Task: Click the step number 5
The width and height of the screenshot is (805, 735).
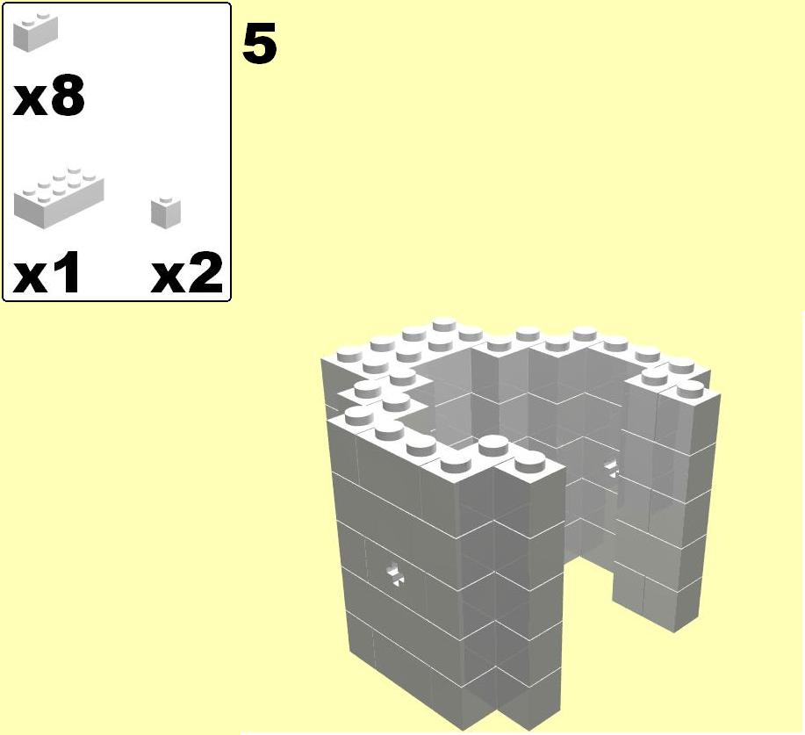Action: click(x=259, y=44)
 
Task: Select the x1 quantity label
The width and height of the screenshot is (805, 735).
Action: click(x=46, y=272)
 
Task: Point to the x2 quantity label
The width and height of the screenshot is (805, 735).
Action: click(x=187, y=272)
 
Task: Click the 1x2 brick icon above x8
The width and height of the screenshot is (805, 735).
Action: click(x=35, y=32)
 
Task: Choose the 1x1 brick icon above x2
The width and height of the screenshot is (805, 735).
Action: click(x=166, y=213)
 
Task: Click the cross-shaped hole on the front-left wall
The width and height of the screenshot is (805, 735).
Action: click(x=395, y=573)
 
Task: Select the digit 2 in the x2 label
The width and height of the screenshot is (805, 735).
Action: click(x=206, y=272)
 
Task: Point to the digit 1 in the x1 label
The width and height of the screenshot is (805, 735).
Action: click(x=67, y=272)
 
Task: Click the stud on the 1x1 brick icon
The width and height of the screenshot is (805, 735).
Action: click(x=165, y=199)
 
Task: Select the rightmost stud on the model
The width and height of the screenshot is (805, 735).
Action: click(x=689, y=389)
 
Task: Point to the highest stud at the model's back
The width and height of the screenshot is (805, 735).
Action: click(x=446, y=323)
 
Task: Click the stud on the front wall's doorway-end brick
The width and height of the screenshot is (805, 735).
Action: click(x=528, y=464)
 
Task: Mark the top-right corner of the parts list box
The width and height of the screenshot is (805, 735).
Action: click(x=231, y=4)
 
